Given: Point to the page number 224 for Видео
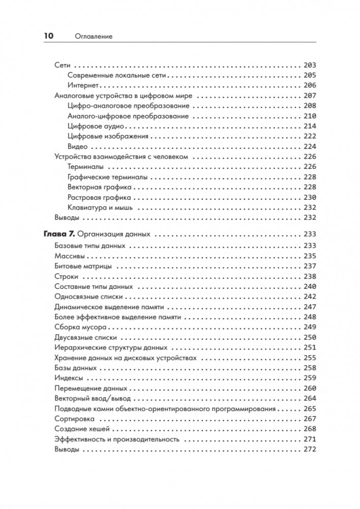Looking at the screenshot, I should [309, 146].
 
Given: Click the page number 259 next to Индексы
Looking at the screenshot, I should [309, 378].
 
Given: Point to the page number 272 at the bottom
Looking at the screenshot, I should [309, 449].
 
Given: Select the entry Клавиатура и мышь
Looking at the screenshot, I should [100, 207].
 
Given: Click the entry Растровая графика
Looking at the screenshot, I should [99, 197].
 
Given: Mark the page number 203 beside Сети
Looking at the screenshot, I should [309, 65].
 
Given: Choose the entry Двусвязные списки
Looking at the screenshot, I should [85, 337].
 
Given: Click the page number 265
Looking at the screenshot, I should [309, 408].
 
